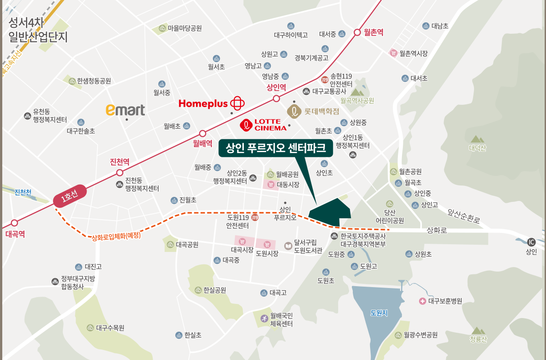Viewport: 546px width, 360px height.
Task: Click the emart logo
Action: click(125, 110)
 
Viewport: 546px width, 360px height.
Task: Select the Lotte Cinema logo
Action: click(264, 124)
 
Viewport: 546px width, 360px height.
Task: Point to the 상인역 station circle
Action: click(276, 99)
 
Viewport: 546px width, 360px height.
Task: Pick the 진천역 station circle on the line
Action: click(119, 173)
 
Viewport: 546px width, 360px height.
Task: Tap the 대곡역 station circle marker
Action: click(15, 223)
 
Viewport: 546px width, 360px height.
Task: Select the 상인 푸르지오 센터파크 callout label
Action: click(276, 148)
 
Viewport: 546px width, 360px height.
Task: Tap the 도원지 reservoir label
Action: click(379, 313)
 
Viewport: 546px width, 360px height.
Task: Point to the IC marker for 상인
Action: click(531, 242)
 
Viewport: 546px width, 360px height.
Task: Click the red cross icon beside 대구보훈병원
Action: click(422, 301)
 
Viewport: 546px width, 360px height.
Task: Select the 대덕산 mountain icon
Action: click(477, 139)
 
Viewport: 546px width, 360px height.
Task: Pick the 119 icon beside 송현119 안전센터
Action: click(325, 80)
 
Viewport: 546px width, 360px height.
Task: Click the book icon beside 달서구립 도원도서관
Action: click(288, 246)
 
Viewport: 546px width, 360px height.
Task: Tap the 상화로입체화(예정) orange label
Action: click(116, 237)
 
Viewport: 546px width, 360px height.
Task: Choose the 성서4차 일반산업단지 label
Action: click(38, 30)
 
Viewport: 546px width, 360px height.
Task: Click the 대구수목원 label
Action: click(110, 328)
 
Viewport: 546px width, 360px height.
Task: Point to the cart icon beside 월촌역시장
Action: click(393, 53)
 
